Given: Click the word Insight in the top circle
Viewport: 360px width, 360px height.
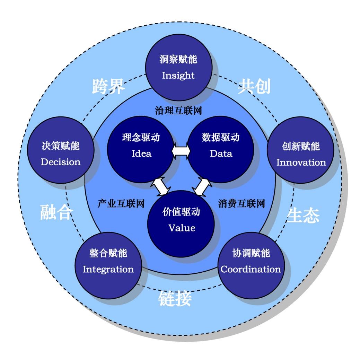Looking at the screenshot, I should tap(178, 76).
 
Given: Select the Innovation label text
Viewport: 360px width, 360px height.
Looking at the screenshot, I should tap(301, 162).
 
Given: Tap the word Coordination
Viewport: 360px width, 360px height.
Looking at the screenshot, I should tap(251, 269).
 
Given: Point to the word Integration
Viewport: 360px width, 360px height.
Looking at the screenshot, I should tap(108, 269).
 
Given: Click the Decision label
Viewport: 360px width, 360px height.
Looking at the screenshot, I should tap(61, 162).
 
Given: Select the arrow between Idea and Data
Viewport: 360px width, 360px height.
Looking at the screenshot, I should tap(180, 152).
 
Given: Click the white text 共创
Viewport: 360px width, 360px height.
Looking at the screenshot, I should tap(254, 87).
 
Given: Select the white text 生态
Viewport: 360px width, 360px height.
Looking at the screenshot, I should tap(303, 215).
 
